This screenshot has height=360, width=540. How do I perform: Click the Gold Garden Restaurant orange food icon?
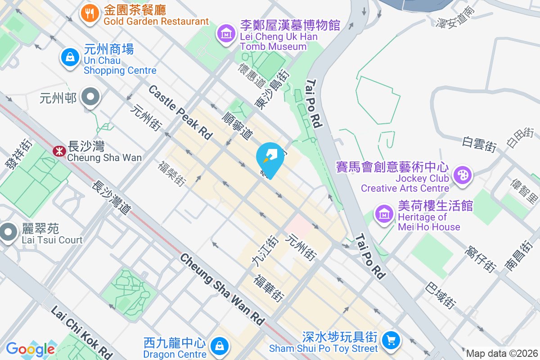tap(90, 13)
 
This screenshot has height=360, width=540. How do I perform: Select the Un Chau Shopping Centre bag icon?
tap(70, 58)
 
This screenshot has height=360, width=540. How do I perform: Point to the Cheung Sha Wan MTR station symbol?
tap(58, 151)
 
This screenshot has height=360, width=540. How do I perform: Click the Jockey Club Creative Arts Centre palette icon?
tap(462, 175)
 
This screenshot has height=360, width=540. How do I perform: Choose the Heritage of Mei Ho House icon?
tap(385, 215)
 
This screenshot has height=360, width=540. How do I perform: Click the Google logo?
tap(30, 349)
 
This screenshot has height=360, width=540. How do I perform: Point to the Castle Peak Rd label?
tap(180, 112)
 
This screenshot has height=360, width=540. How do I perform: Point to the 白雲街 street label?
tap(479, 144)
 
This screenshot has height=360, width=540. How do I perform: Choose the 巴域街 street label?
tap(441, 295)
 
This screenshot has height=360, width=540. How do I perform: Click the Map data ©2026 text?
tap(502, 354)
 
